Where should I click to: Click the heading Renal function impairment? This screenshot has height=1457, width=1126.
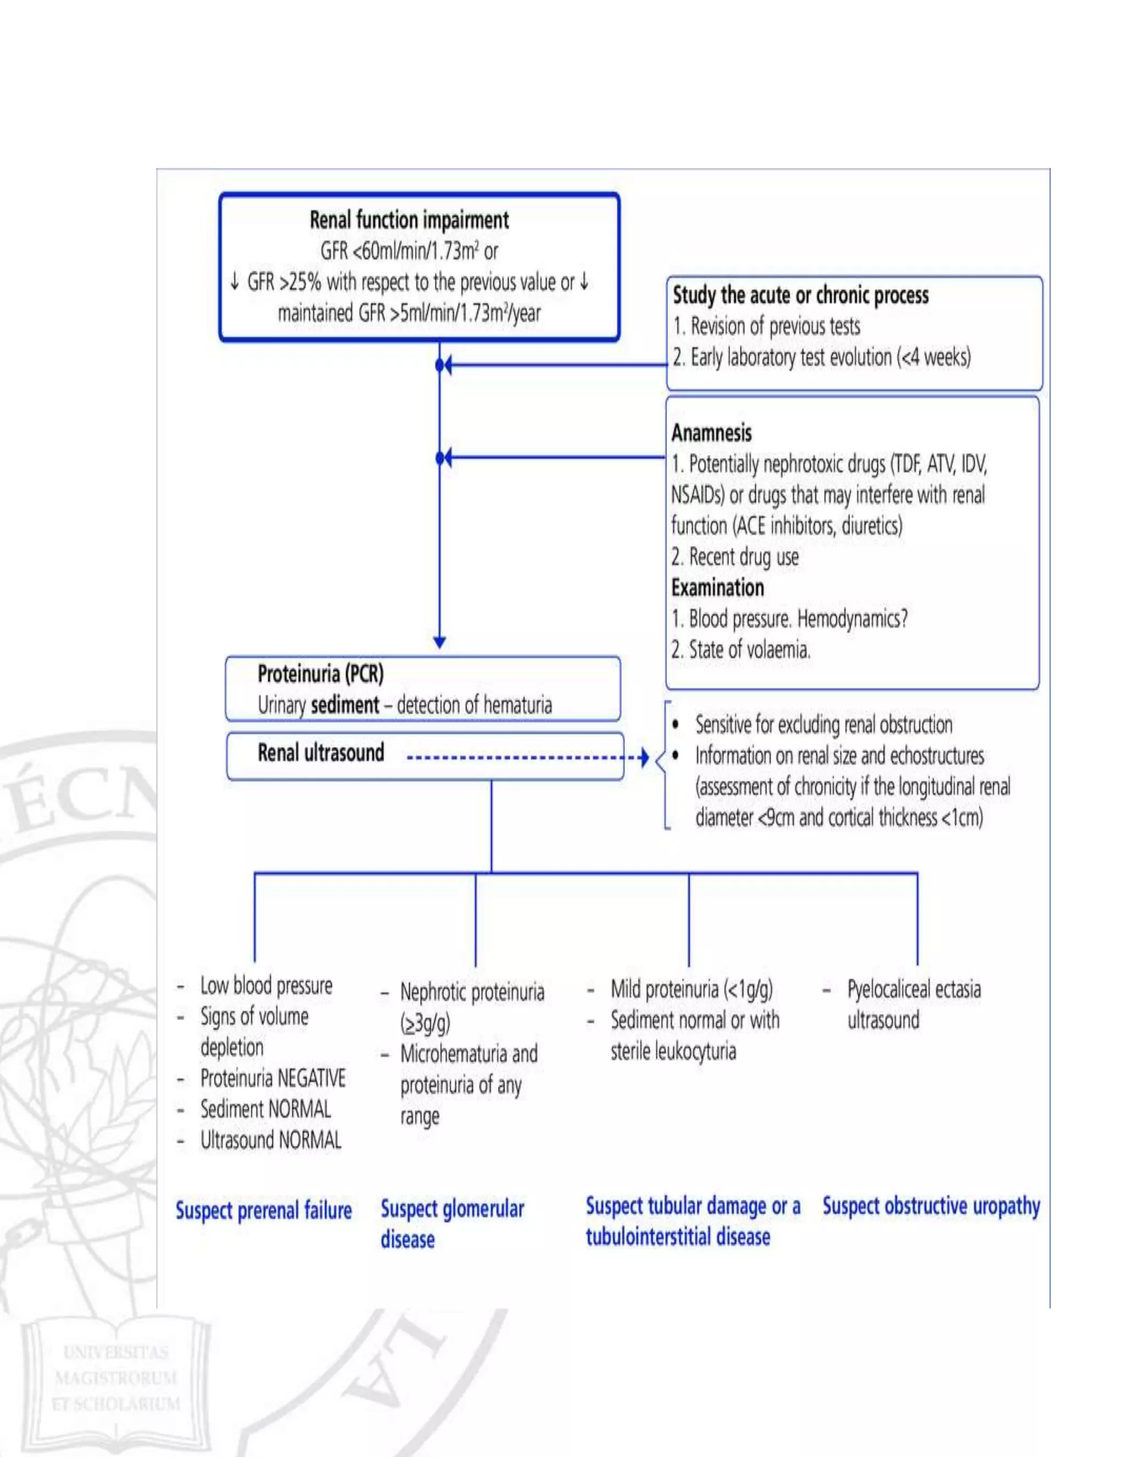[x=409, y=219]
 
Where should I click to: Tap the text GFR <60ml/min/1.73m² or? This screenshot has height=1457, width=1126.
[x=409, y=251]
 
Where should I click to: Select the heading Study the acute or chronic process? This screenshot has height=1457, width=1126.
[x=800, y=295]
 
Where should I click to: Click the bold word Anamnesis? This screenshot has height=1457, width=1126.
[x=711, y=433]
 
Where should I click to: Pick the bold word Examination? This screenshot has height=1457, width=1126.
[x=717, y=588]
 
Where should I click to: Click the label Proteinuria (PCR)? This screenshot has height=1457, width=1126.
[x=320, y=674]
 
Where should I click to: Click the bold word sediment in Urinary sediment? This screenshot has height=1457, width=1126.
[x=345, y=705]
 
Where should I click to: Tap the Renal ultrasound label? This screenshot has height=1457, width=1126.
[x=321, y=753]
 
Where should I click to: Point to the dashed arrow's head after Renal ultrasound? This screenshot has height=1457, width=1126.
[x=644, y=758]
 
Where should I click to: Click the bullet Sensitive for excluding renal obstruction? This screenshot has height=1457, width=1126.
[x=823, y=725]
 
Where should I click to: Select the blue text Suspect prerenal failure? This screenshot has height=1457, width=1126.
[x=263, y=1210]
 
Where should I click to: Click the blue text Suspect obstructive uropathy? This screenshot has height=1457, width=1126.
[x=931, y=1206]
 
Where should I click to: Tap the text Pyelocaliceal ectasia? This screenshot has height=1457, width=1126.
[x=913, y=989]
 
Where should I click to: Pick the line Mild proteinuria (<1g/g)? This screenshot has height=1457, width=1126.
[x=691, y=989]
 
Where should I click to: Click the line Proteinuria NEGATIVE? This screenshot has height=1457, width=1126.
[x=273, y=1078]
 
